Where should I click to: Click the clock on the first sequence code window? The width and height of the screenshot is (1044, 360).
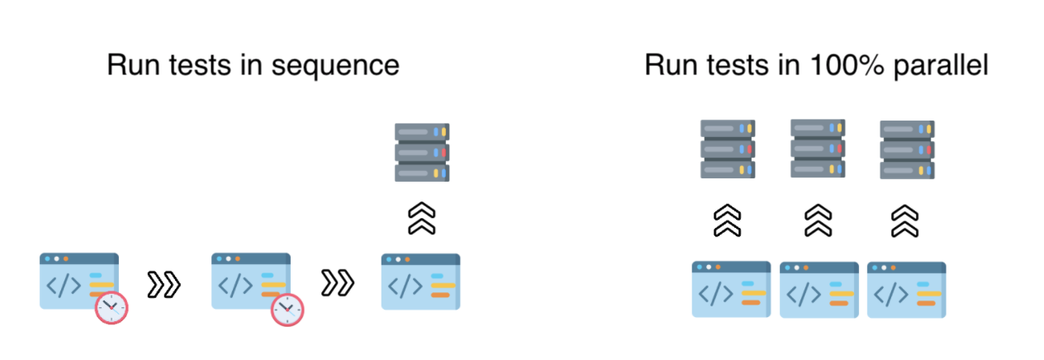[x=112, y=307]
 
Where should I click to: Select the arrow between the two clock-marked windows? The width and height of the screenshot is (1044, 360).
[x=164, y=283]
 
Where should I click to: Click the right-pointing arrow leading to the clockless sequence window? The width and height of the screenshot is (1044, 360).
[x=337, y=283]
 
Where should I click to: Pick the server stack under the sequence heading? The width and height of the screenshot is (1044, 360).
[x=421, y=152]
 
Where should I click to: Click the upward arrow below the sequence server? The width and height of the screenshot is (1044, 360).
[x=421, y=219]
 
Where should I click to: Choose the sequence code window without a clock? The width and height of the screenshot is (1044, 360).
[x=420, y=282]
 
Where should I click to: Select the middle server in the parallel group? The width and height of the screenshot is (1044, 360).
[x=818, y=148]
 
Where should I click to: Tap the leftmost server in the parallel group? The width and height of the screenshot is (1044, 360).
[x=728, y=149]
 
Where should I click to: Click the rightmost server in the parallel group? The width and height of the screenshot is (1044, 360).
[x=907, y=149]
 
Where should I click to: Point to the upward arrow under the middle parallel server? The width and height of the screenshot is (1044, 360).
[x=818, y=220]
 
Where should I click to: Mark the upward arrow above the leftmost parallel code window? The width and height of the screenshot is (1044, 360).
[x=728, y=220]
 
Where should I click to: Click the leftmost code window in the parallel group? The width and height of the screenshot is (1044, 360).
[x=731, y=290]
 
